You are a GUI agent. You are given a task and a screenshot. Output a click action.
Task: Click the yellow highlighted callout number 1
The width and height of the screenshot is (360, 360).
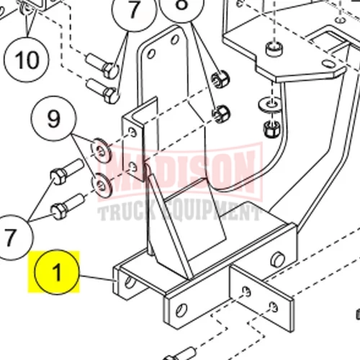(57, 272)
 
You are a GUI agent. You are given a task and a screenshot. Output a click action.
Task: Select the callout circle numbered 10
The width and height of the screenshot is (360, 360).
(27, 60)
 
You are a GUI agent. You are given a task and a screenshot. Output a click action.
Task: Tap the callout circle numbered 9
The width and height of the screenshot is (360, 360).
(54, 118)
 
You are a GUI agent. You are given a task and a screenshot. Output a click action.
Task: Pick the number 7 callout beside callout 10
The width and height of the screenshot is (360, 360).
(134, 10)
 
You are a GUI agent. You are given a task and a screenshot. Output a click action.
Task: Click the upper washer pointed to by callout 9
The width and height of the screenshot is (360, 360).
(102, 150)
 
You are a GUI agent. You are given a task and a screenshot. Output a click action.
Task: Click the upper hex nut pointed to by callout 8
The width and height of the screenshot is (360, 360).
(220, 78)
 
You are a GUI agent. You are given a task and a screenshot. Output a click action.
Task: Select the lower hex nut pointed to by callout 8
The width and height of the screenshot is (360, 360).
(221, 114)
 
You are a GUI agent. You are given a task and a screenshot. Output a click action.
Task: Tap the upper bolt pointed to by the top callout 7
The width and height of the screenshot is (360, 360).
(102, 66)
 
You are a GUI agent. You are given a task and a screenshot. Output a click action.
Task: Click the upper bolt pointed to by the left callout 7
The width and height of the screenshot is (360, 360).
(67, 171)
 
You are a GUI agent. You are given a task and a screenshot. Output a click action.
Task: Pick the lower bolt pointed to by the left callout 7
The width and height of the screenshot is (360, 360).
(68, 207)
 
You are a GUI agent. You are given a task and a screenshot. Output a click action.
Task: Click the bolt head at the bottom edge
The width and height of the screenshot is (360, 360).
(180, 355)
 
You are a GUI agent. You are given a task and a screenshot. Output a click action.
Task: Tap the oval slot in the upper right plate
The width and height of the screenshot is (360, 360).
(328, 63)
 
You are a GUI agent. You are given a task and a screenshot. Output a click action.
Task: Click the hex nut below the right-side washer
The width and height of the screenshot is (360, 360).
(271, 130)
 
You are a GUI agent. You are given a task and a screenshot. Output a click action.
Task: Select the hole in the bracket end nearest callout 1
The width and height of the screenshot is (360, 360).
(130, 282)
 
